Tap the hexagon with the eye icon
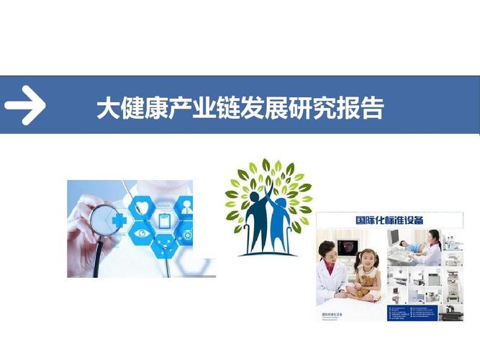tap(142, 235)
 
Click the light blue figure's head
tap(282, 203)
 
